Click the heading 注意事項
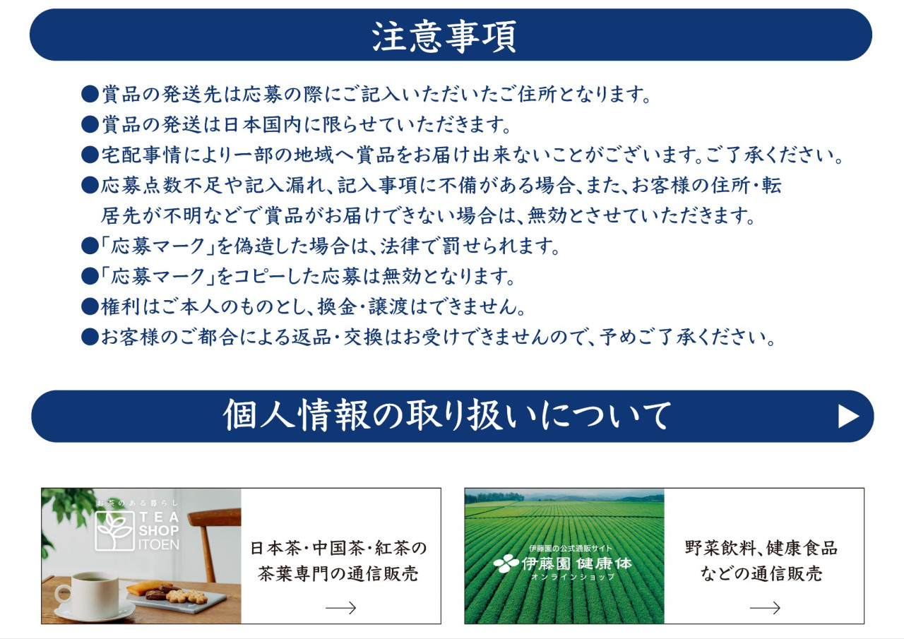[444, 37]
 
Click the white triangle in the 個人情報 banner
[848, 417]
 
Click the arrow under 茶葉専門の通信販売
[340, 607]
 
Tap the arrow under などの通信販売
[765, 607]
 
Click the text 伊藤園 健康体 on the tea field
[577, 563]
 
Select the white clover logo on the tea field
[506, 563]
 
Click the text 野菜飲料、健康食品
[761, 548]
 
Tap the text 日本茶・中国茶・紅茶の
[338, 548]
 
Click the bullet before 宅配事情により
[90, 155]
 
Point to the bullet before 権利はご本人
[90, 306]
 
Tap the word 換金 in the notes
[337, 306]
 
